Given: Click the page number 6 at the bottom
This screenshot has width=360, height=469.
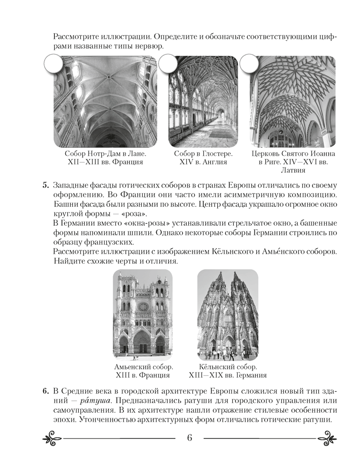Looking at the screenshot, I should [x=190, y=439].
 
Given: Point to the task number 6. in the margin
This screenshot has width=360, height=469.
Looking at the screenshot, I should [x=46, y=391].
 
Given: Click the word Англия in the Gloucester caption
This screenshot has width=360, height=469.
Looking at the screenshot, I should [x=212, y=163].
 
